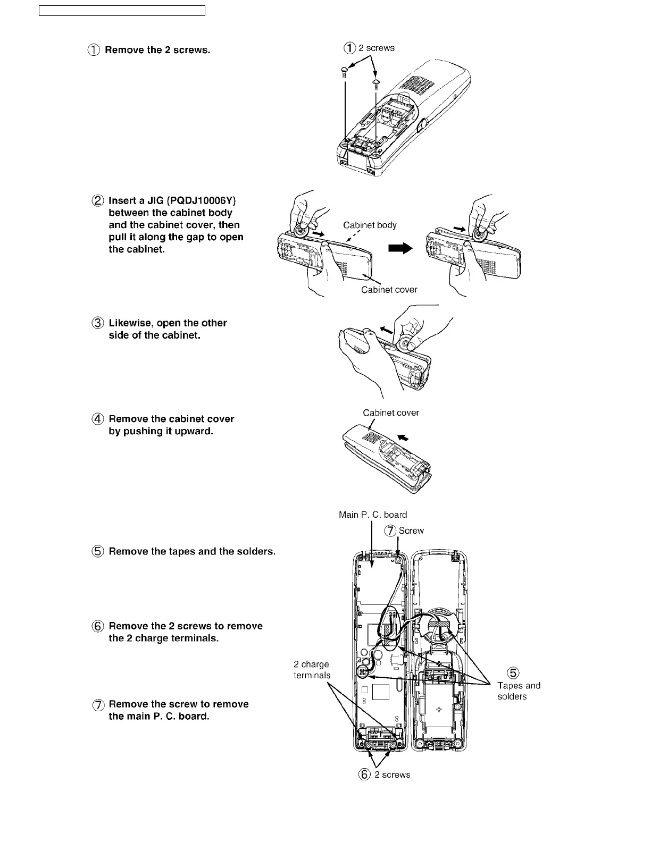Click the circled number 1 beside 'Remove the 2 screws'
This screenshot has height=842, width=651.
pyautogui.click(x=93, y=50)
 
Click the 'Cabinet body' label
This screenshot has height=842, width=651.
pyautogui.click(x=370, y=225)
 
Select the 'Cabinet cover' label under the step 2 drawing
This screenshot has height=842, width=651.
pyautogui.click(x=389, y=290)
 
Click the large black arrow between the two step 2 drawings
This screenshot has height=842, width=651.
pyautogui.click(x=400, y=248)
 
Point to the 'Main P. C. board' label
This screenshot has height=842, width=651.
pyautogui.click(x=373, y=515)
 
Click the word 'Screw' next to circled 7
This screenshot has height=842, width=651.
pyautogui.click(x=411, y=531)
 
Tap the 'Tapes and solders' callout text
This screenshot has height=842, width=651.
pyautogui.click(x=519, y=691)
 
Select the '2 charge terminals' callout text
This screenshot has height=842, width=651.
pyautogui.click(x=312, y=670)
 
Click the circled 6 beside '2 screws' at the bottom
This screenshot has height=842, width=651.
pyautogui.click(x=364, y=774)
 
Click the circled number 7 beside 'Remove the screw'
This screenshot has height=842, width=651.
pyautogui.click(x=98, y=705)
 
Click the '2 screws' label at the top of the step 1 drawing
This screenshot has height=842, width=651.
pyautogui.click(x=376, y=48)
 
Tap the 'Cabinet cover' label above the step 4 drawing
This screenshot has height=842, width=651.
pyautogui.click(x=391, y=412)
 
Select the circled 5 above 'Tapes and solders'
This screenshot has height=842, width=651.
pyautogui.click(x=513, y=673)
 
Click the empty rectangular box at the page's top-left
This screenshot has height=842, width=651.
pyautogui.click(x=122, y=11)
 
